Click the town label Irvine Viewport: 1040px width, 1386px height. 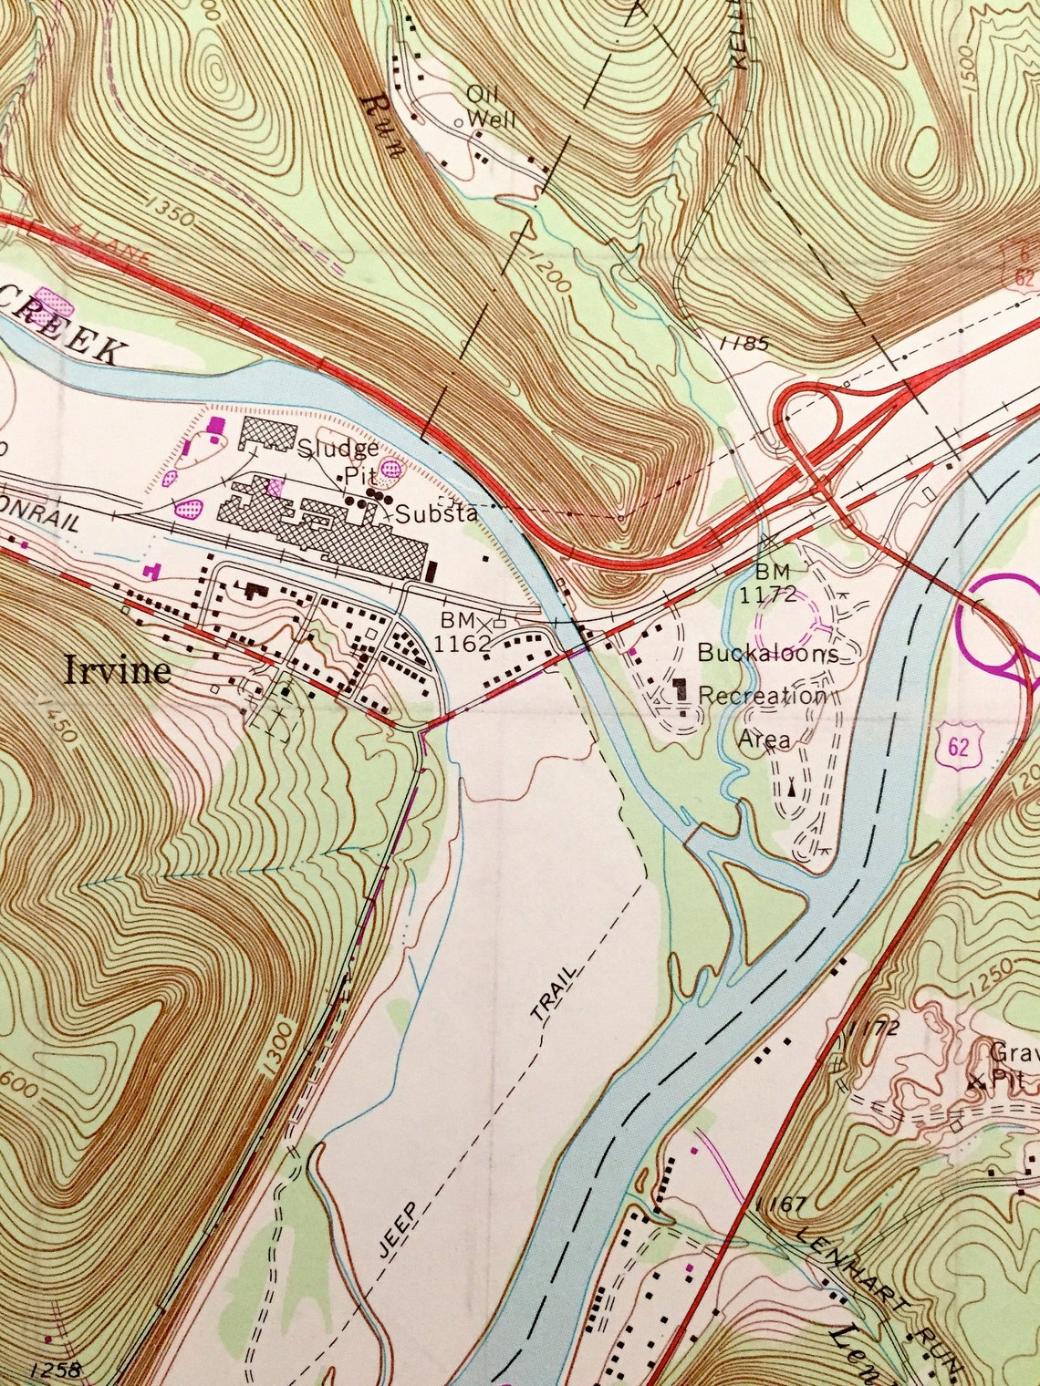pos(117,671)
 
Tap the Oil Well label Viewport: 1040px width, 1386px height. pos(491,107)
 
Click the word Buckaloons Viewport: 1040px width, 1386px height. pos(767,654)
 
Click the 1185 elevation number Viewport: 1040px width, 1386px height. pos(744,344)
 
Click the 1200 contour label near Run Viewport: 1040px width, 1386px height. pos(550,270)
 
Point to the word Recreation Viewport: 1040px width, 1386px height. pos(762,696)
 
